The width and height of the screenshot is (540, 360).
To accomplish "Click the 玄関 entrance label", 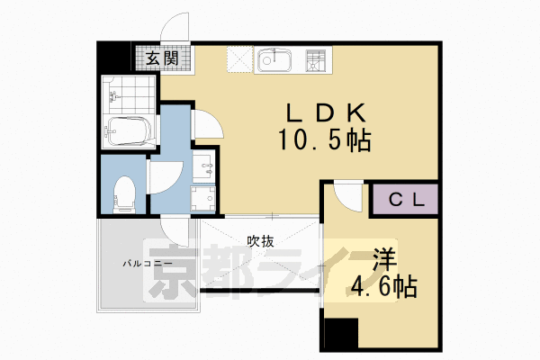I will [x=162, y=61].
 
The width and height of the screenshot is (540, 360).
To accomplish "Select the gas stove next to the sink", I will [x=315, y=60].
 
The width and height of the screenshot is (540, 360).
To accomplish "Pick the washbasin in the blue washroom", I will [x=206, y=166].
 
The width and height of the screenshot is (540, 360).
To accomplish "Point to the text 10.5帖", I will [x=324, y=141].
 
